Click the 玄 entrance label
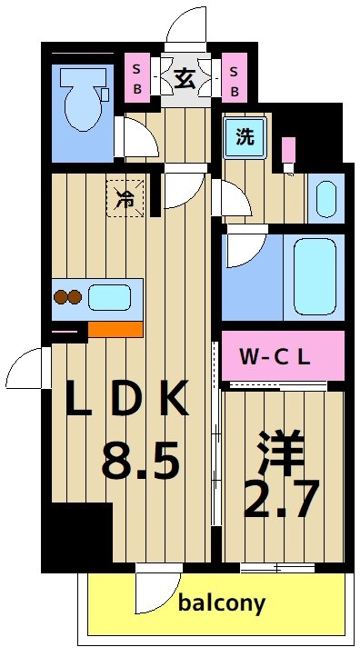pyautogui.click(x=185, y=78)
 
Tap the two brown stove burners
pyautogui.click(x=68, y=297)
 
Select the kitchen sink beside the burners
pyautogui.click(x=108, y=297)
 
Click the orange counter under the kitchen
pyautogui.click(x=115, y=328)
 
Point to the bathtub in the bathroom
pyautogui.click(x=313, y=276)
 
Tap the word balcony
pyautogui.click(x=222, y=602)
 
